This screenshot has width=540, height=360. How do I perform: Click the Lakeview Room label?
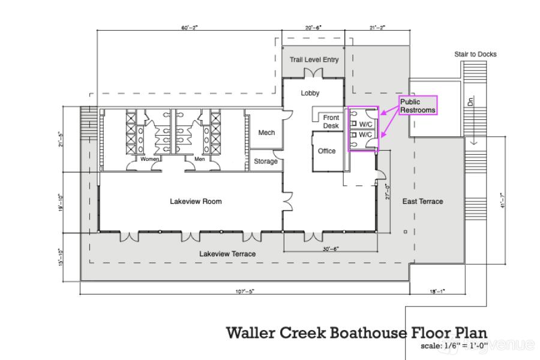click(x=196, y=202)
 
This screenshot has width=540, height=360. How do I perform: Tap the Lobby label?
click(x=310, y=93)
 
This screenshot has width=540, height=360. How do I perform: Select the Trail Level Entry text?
click(x=314, y=60)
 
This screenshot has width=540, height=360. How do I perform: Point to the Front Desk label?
click(x=331, y=122)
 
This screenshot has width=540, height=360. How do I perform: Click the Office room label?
click(x=327, y=151)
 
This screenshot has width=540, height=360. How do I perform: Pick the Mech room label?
click(x=266, y=133)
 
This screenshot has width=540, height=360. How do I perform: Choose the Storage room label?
click(x=266, y=161)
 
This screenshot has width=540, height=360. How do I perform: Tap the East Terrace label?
click(x=422, y=202)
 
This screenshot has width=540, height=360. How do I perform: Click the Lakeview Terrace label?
click(x=227, y=254)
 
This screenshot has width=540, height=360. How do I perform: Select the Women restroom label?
click(x=149, y=160)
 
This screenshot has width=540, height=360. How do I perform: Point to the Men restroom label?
click(x=199, y=160)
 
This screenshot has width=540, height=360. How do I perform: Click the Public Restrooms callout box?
click(x=418, y=106)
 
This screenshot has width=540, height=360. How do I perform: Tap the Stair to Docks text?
click(x=475, y=55)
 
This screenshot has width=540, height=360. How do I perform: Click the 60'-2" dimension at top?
click(x=190, y=28)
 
